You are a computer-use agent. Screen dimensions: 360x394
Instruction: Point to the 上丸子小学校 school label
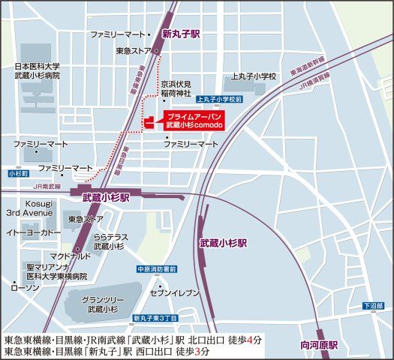254,76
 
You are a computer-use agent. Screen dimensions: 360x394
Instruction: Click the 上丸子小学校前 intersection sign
218,99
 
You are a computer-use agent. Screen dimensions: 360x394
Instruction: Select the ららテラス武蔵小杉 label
111,241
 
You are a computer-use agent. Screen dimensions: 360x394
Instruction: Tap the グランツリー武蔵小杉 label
102,304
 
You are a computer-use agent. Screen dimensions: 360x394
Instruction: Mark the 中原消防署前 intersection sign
157,269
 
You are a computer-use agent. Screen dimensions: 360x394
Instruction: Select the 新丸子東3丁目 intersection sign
155,318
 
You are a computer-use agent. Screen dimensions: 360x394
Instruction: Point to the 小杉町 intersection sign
17,173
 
